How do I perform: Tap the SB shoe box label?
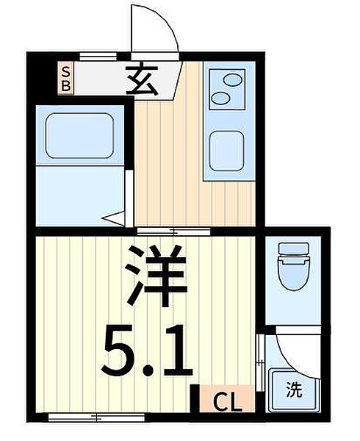[x=65, y=78]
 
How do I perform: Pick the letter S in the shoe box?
[x=65, y=71]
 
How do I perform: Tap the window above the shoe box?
[x=100, y=55]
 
